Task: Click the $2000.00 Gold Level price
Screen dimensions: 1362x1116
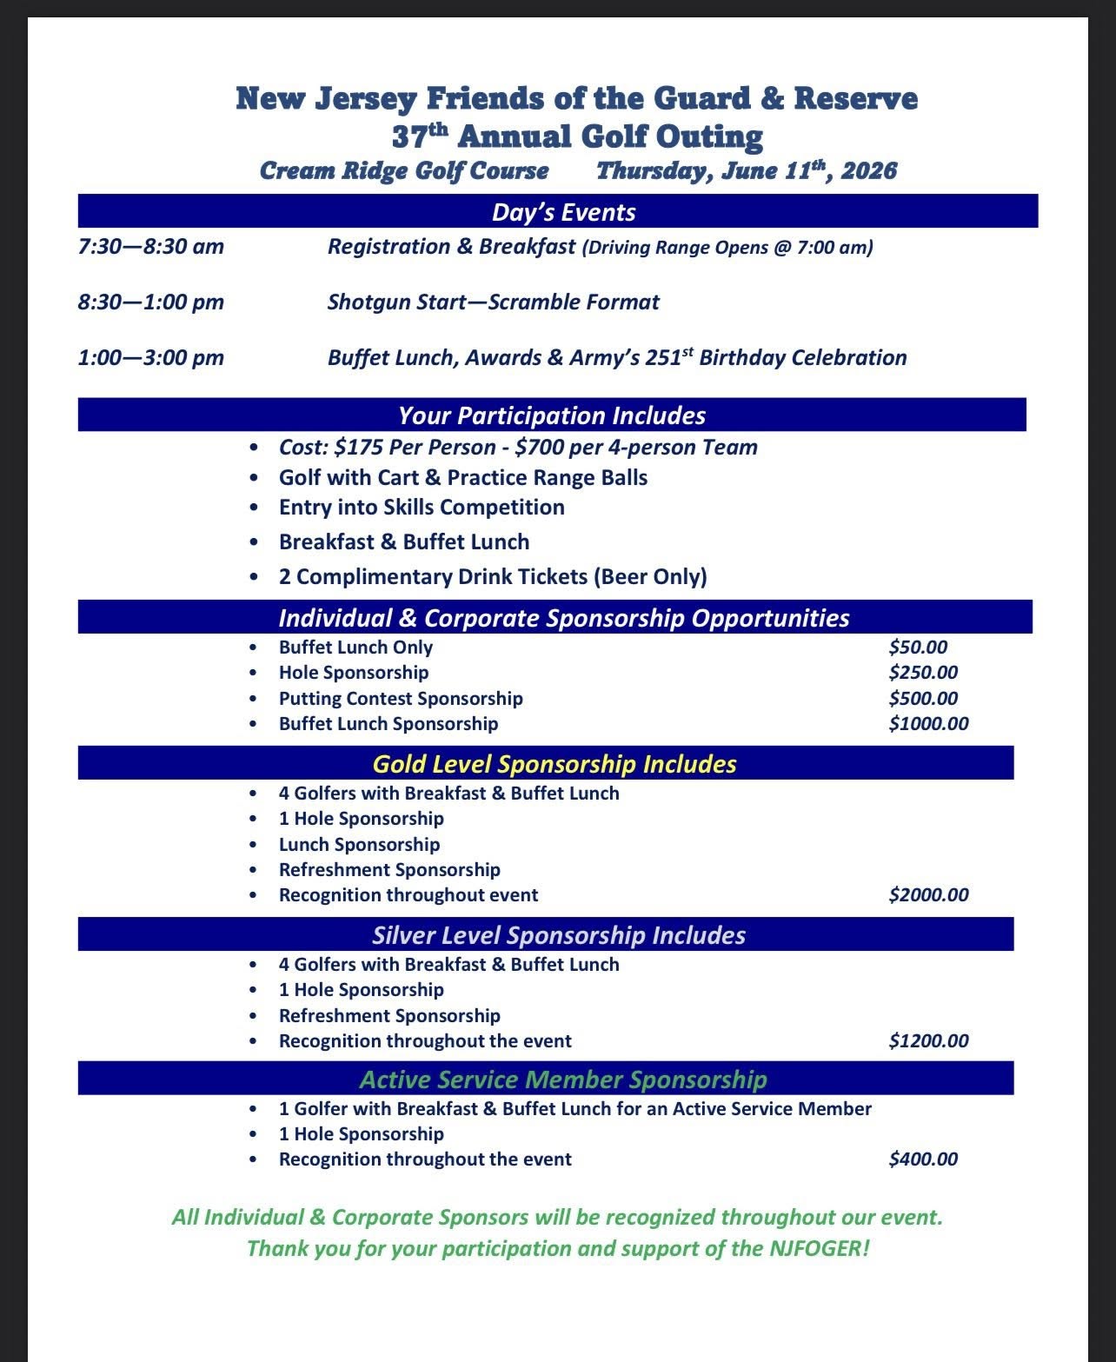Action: (x=928, y=895)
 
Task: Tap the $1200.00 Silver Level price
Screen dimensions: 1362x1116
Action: (x=928, y=1041)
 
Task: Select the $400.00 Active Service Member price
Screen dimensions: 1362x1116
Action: (x=923, y=1159)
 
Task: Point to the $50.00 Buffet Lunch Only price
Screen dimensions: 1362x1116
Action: (x=918, y=648)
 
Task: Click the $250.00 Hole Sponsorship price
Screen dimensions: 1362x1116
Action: (x=923, y=673)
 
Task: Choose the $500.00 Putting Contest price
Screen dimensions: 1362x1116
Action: (x=923, y=699)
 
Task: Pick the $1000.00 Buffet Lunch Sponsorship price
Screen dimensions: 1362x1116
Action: (x=928, y=724)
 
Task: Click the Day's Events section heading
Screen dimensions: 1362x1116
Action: (x=563, y=213)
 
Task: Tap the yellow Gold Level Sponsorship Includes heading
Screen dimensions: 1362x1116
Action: (x=555, y=764)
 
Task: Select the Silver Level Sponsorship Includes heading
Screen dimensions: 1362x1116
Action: (x=559, y=935)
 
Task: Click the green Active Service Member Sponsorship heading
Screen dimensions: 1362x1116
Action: (x=563, y=1080)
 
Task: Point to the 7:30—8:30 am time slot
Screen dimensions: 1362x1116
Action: (x=151, y=247)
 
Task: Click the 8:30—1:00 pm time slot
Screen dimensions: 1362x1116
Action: (x=151, y=302)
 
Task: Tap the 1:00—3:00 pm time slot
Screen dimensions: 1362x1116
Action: (x=151, y=358)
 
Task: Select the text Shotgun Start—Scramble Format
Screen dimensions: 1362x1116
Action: (x=493, y=302)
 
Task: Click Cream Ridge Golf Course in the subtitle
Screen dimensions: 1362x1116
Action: (x=404, y=170)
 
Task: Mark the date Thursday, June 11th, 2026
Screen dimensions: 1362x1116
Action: (x=746, y=170)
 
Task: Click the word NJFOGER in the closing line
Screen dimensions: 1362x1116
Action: (x=815, y=1249)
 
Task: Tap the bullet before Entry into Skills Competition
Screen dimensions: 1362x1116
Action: (x=253, y=508)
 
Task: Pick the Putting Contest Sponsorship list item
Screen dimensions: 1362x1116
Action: (x=401, y=699)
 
